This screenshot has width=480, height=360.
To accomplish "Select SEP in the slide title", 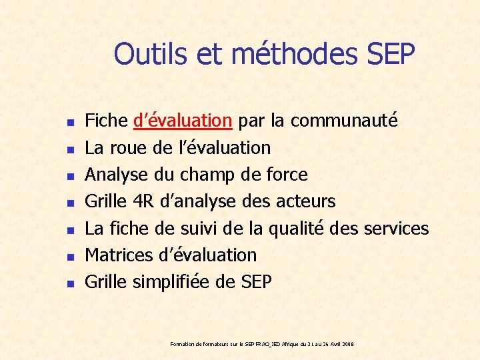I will [391, 53].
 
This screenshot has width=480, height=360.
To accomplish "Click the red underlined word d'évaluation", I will [183, 121].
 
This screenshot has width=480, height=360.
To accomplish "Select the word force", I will [287, 175].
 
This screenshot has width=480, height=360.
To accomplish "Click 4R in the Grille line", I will [143, 201].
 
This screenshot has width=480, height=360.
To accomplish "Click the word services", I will [396, 228].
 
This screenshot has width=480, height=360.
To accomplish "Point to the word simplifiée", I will [173, 282].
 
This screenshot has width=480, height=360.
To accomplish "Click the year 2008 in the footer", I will [347, 344].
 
